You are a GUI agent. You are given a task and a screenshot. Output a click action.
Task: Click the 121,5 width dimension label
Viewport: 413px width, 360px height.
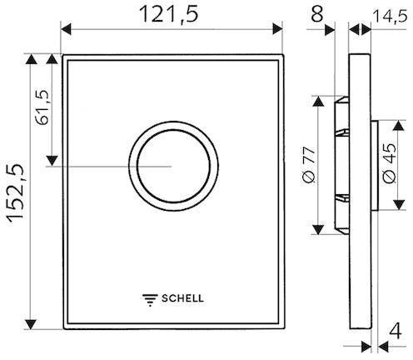point(169,14)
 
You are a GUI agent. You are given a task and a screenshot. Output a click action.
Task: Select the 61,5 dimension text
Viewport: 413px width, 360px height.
point(42,107)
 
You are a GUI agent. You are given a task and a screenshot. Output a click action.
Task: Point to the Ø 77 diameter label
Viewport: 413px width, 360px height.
point(309,165)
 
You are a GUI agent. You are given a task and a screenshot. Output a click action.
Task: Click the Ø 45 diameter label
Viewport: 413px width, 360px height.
point(390,163)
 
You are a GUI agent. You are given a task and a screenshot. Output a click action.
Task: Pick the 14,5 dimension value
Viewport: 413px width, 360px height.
point(391,16)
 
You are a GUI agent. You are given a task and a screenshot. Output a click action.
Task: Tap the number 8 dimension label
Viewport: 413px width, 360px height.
point(316,14)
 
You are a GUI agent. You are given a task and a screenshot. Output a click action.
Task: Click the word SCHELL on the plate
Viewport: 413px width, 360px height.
point(182,298)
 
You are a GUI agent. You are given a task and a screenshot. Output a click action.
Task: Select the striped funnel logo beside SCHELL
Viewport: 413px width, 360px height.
point(150,300)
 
